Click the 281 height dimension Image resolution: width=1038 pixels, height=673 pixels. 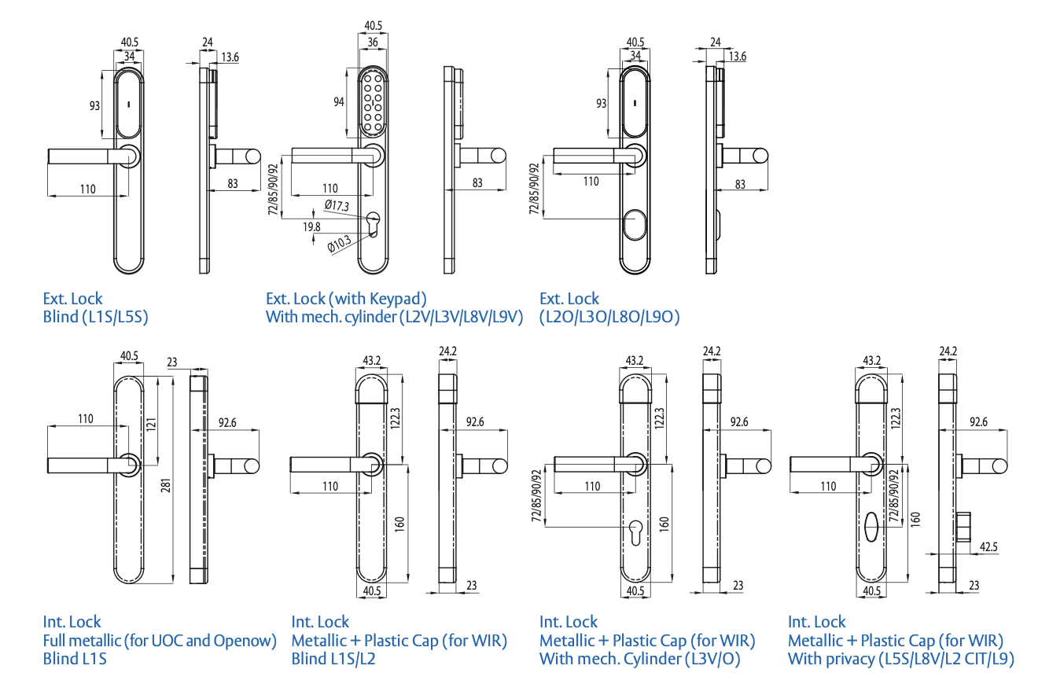(x=164, y=487)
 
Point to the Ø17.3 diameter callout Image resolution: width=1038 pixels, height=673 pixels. (x=337, y=206)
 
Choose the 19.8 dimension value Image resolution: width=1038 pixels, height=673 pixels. (x=312, y=227)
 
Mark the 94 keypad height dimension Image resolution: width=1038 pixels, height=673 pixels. (x=339, y=101)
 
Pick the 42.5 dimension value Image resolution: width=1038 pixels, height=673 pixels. (x=988, y=547)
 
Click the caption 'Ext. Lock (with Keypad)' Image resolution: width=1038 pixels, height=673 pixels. (x=346, y=299)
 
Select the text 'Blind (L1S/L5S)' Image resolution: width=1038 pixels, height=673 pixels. (x=95, y=317)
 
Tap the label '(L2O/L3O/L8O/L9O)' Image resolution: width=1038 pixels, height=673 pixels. (x=609, y=317)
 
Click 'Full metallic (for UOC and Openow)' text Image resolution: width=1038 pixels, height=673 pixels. (x=160, y=640)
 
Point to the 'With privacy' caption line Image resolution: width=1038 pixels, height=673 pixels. (x=900, y=658)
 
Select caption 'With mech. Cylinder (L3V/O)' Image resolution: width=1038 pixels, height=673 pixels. (x=640, y=658)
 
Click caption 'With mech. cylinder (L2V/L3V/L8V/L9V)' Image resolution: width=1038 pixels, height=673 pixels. (x=394, y=317)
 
